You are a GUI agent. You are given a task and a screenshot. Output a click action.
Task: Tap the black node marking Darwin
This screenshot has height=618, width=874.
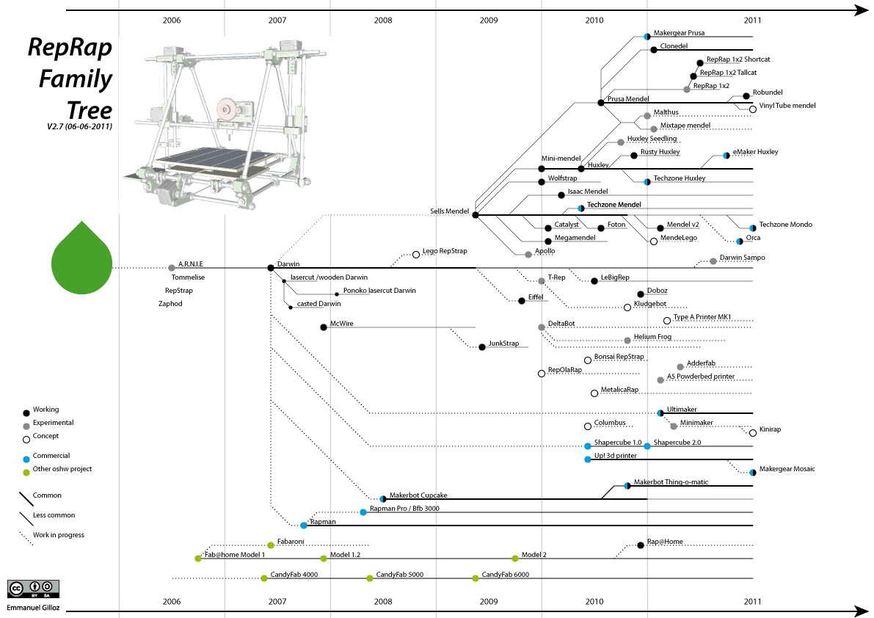point(270,268)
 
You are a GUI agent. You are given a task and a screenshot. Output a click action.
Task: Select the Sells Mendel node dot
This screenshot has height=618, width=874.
point(476,214)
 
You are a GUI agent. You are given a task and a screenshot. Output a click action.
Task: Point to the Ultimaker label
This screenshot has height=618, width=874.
point(682,409)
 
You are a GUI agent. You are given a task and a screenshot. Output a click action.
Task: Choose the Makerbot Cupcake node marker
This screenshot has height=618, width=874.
point(382,499)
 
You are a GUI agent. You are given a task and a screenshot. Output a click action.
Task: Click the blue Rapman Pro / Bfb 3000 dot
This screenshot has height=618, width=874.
point(363,512)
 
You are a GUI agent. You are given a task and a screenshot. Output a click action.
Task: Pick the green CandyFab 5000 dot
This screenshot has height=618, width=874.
point(370,578)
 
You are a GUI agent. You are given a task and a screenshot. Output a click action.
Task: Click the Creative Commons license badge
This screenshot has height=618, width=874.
point(33,589)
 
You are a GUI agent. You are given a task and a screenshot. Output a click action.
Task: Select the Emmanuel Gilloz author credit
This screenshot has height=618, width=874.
point(33,608)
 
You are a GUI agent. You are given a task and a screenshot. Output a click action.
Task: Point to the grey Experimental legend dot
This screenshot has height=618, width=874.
point(27,426)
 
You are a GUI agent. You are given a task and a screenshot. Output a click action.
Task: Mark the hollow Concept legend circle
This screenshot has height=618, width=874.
point(27,439)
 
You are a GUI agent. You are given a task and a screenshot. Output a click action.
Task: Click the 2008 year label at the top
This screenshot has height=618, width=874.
point(383,21)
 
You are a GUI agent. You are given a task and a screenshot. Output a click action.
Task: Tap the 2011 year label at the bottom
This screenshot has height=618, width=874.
point(752,602)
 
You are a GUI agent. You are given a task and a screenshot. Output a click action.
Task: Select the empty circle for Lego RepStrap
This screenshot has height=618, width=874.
point(416,254)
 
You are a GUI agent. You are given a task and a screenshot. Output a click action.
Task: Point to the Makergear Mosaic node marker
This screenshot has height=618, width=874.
point(753,473)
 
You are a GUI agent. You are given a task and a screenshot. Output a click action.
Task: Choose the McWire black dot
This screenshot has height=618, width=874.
point(324,327)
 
